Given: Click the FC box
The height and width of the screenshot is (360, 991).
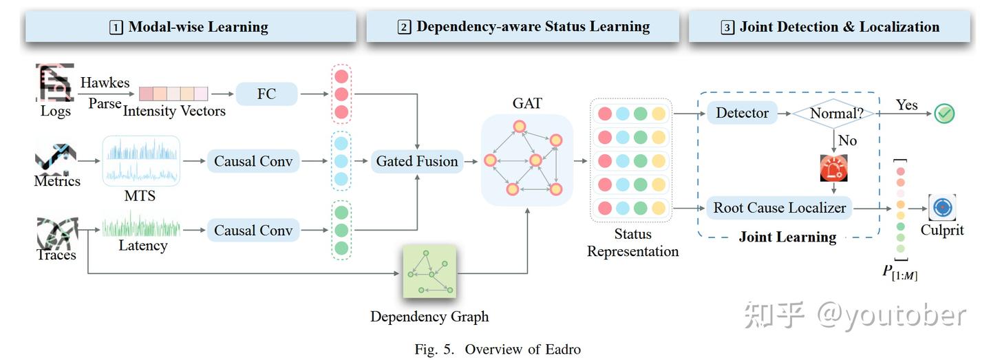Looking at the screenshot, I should [266, 94].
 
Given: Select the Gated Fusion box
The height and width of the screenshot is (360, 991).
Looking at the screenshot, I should [416, 162].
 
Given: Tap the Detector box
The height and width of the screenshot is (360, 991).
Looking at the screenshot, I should [742, 113].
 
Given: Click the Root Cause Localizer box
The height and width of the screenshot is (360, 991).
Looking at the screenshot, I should [779, 207].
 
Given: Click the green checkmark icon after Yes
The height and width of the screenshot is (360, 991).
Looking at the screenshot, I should [944, 114].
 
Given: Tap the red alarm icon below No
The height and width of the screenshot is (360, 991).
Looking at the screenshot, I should [833, 169].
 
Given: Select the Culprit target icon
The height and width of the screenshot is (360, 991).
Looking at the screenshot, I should [942, 207].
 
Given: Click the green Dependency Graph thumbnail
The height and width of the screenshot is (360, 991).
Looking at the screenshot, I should [429, 271].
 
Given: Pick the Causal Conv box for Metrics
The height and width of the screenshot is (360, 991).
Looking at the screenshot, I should [253, 162].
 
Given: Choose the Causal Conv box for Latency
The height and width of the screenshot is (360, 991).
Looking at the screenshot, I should [253, 230].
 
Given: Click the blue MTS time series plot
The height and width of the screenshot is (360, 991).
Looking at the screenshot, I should [141, 161].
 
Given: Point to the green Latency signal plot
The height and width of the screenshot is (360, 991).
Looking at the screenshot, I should [141, 225].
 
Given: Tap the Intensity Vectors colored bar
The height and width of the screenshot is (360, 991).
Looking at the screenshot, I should [173, 94].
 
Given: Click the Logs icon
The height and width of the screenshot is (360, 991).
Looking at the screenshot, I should [54, 83].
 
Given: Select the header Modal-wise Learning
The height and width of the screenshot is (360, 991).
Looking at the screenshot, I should [190, 28].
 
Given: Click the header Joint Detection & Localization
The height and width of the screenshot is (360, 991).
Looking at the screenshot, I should [830, 28].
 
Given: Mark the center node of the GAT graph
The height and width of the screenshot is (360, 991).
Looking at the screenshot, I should [535, 160].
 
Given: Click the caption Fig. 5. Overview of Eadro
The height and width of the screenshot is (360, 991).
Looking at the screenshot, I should [497, 350].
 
